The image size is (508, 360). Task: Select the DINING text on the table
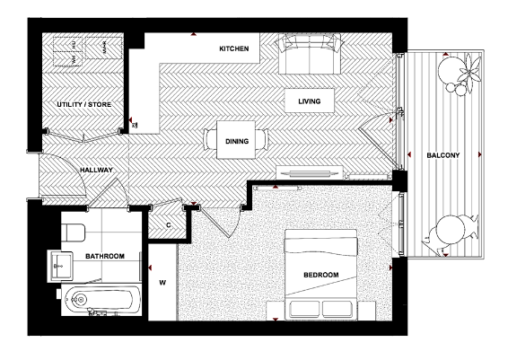pyautogui.click(x=237, y=140)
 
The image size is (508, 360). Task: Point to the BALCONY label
pyautogui.click(x=443, y=155)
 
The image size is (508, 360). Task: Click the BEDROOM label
pyautogui.click(x=320, y=274)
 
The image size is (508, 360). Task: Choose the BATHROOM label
pyautogui.click(x=105, y=256)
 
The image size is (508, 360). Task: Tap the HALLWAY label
pyautogui.click(x=96, y=169)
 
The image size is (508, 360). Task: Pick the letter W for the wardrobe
pyautogui.click(x=162, y=284)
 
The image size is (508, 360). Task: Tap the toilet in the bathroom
pyautogui.click(x=74, y=231)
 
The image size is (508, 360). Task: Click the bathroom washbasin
pyautogui.click(x=61, y=265)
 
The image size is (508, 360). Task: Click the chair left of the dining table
pyautogui.click(x=211, y=140)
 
